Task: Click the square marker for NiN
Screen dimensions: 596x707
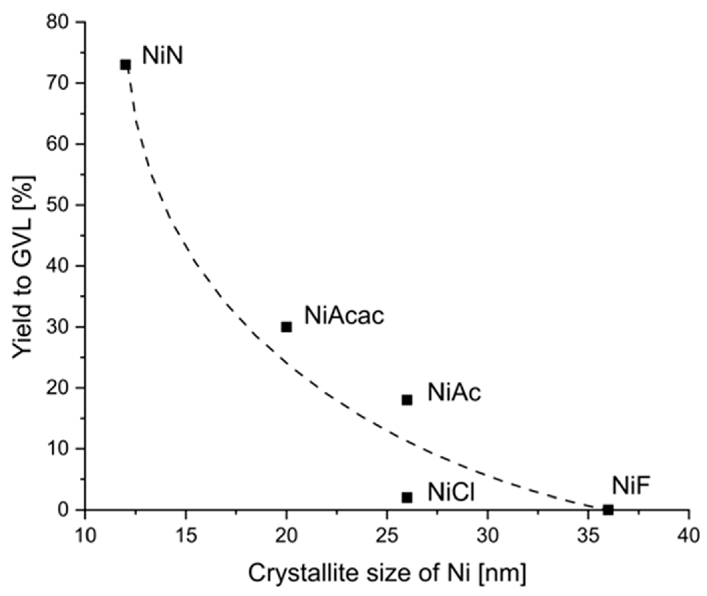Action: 125,64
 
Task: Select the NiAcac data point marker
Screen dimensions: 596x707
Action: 286,327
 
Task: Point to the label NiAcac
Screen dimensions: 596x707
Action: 344,316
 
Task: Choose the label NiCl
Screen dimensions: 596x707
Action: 451,492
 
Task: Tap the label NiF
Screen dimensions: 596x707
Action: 631,486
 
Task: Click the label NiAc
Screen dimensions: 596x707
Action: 454,393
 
